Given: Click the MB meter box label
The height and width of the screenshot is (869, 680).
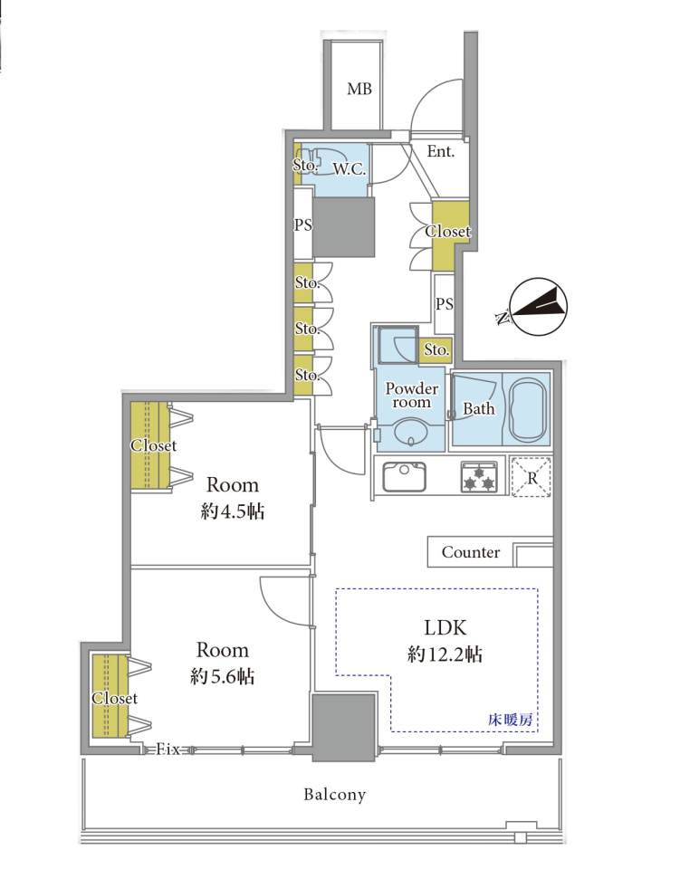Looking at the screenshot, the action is [x=359, y=89].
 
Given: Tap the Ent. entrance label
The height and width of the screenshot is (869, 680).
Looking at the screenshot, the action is [x=441, y=151].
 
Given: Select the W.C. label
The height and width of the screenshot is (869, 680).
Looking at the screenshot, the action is [x=350, y=169].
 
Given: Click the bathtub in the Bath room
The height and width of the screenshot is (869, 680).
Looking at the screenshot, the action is [x=527, y=409].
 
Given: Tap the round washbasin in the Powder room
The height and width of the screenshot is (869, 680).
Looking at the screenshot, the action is [x=411, y=432].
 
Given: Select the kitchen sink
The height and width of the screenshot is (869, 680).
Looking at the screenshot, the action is [x=404, y=477].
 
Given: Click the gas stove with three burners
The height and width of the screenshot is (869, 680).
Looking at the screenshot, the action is [x=479, y=477].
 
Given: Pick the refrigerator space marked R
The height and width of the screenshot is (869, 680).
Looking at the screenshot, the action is [x=531, y=477].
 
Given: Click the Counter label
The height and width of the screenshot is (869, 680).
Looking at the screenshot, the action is [x=471, y=552].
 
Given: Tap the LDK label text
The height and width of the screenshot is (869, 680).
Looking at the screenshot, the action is [x=445, y=628].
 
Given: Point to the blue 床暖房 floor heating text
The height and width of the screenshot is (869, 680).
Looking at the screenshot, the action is [x=511, y=720].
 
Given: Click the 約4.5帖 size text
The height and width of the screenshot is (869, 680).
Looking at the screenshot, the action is [x=232, y=511].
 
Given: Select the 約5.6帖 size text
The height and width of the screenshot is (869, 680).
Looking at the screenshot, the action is [x=222, y=676].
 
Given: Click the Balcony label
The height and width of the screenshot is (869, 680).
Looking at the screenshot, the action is [x=334, y=795].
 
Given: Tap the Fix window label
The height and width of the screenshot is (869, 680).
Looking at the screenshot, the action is [x=168, y=750].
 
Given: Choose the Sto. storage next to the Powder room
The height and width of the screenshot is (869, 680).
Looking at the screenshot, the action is [x=436, y=350].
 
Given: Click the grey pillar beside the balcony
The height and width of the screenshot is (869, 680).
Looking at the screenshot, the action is [x=344, y=726].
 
